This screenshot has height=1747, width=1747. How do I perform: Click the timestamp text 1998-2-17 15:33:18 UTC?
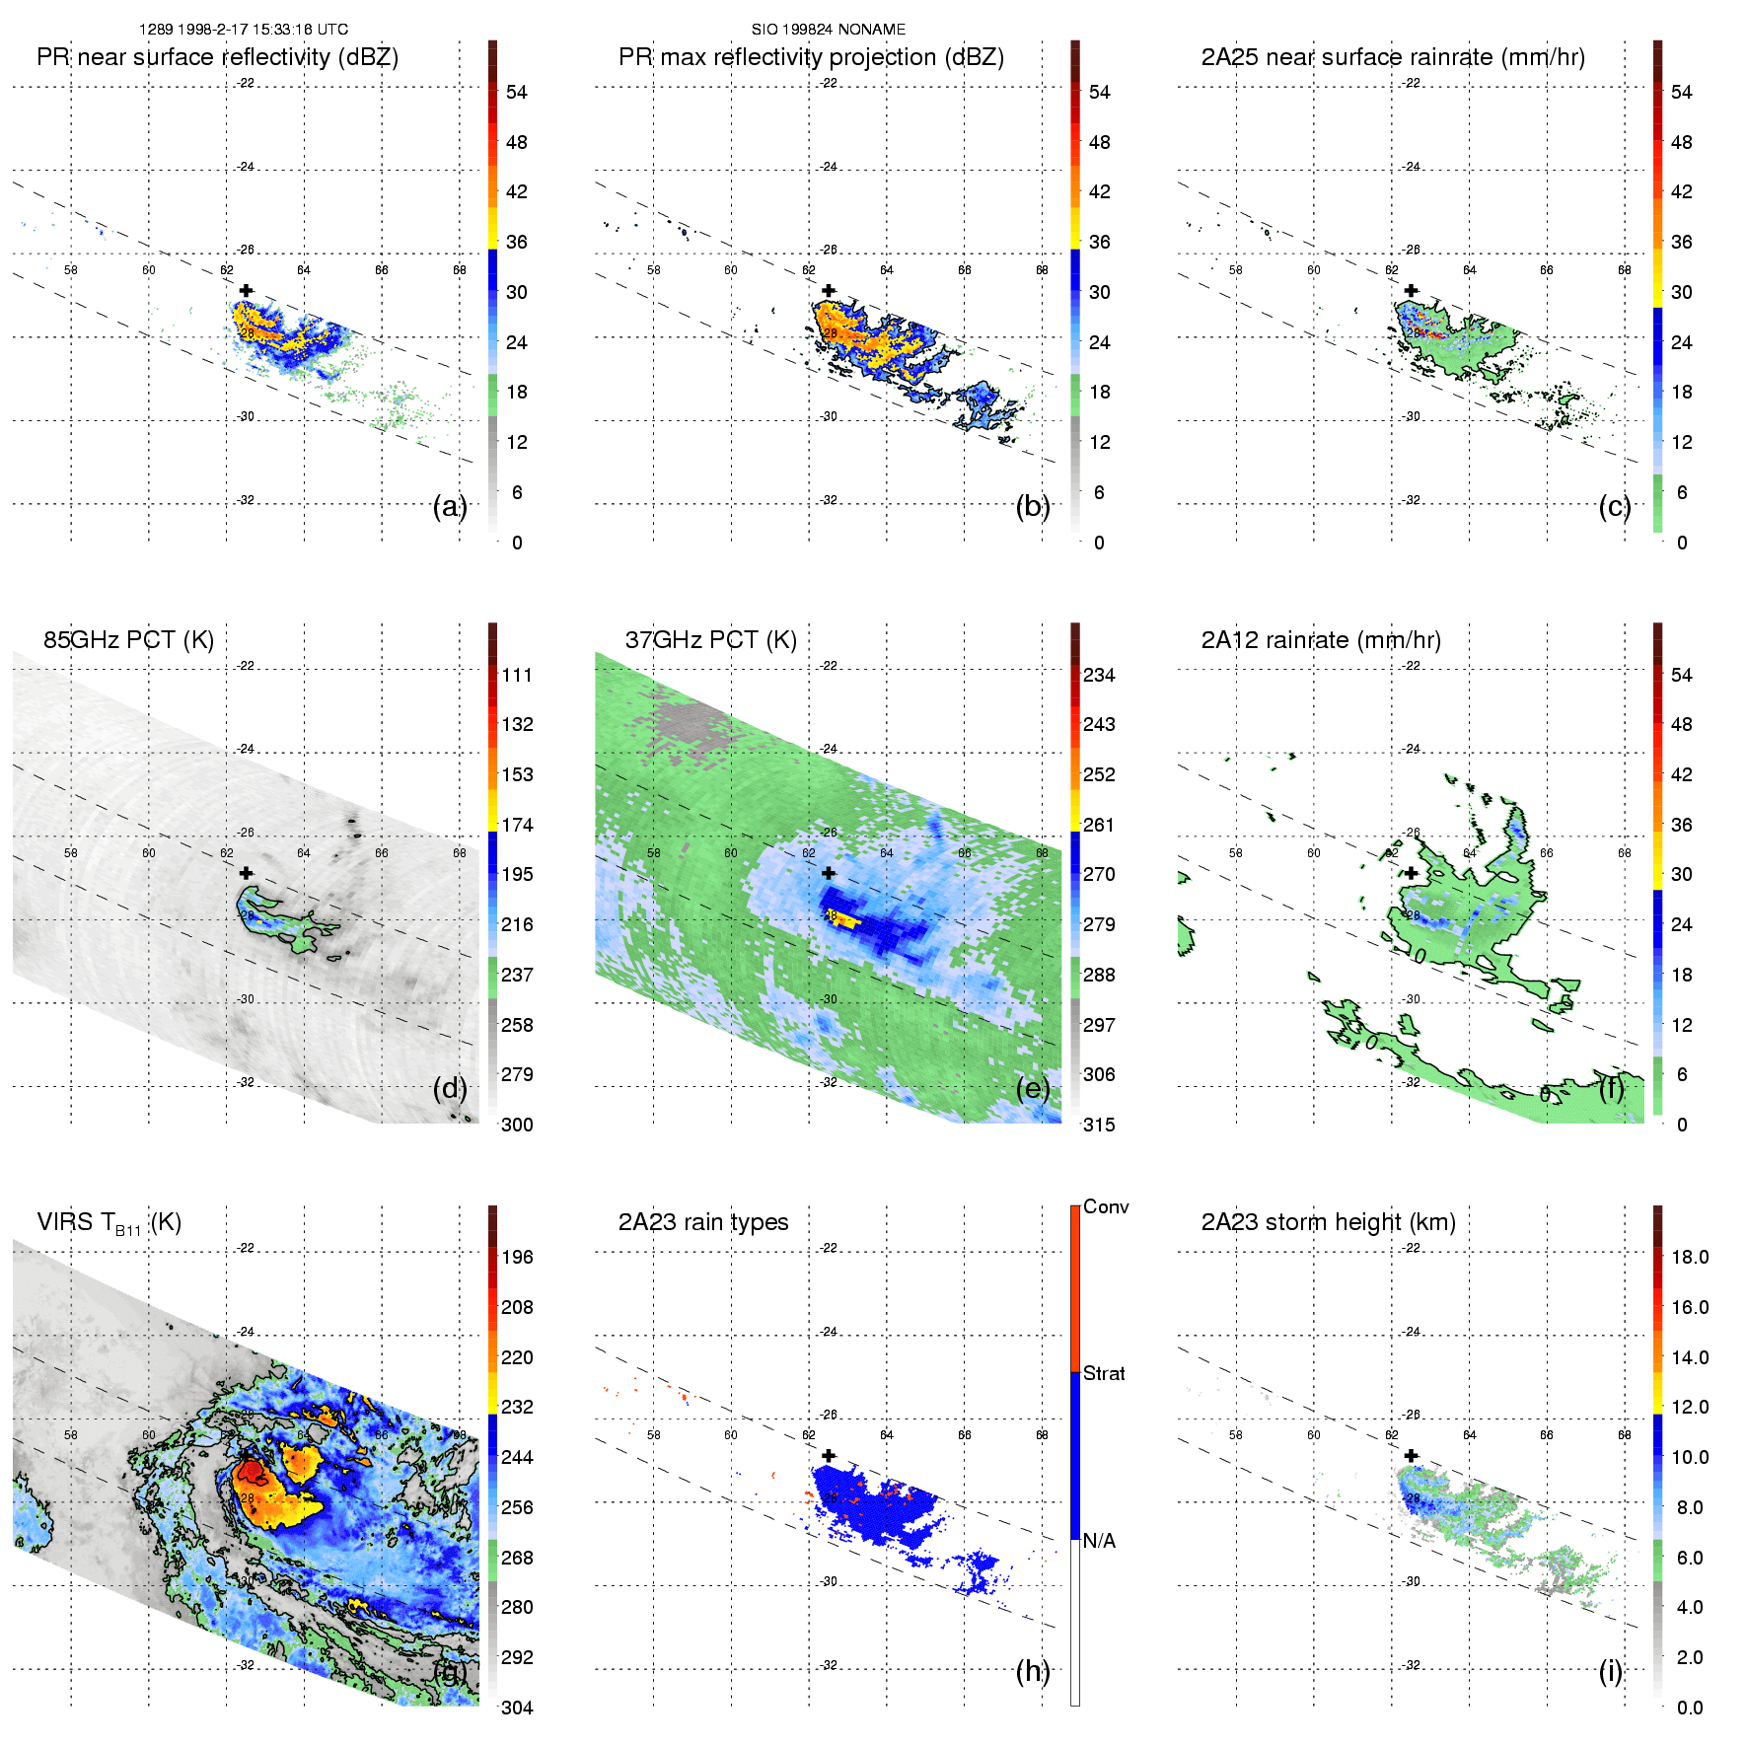click(262, 30)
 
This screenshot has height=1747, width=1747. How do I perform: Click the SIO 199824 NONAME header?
click(828, 30)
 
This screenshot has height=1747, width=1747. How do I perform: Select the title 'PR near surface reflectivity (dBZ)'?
click(217, 57)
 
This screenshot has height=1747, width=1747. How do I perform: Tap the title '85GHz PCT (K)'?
click(128, 640)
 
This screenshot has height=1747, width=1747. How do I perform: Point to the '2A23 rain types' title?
click(702, 1222)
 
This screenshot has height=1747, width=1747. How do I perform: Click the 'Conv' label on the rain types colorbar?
click(1105, 1207)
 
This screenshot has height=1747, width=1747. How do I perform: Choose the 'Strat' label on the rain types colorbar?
click(1104, 1374)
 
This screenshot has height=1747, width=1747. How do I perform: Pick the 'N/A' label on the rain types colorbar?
click(1099, 1541)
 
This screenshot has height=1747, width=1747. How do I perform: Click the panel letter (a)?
click(449, 507)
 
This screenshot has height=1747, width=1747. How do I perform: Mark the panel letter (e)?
click(1032, 1089)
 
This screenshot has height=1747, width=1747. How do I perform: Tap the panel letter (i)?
click(1610, 1672)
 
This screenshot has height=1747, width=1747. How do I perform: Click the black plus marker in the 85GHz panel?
click(246, 873)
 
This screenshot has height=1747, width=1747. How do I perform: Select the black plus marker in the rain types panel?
click(829, 1455)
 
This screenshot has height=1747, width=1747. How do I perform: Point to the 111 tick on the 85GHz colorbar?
click(517, 676)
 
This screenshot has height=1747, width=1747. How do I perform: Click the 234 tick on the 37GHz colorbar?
click(1099, 676)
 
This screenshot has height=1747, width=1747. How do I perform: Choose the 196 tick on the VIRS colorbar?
click(517, 1258)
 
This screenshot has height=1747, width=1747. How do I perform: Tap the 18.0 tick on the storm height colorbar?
click(1689, 1258)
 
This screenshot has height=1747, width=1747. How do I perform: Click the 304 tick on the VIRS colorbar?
click(517, 1708)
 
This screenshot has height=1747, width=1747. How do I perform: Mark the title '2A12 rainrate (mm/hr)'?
click(1320, 640)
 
